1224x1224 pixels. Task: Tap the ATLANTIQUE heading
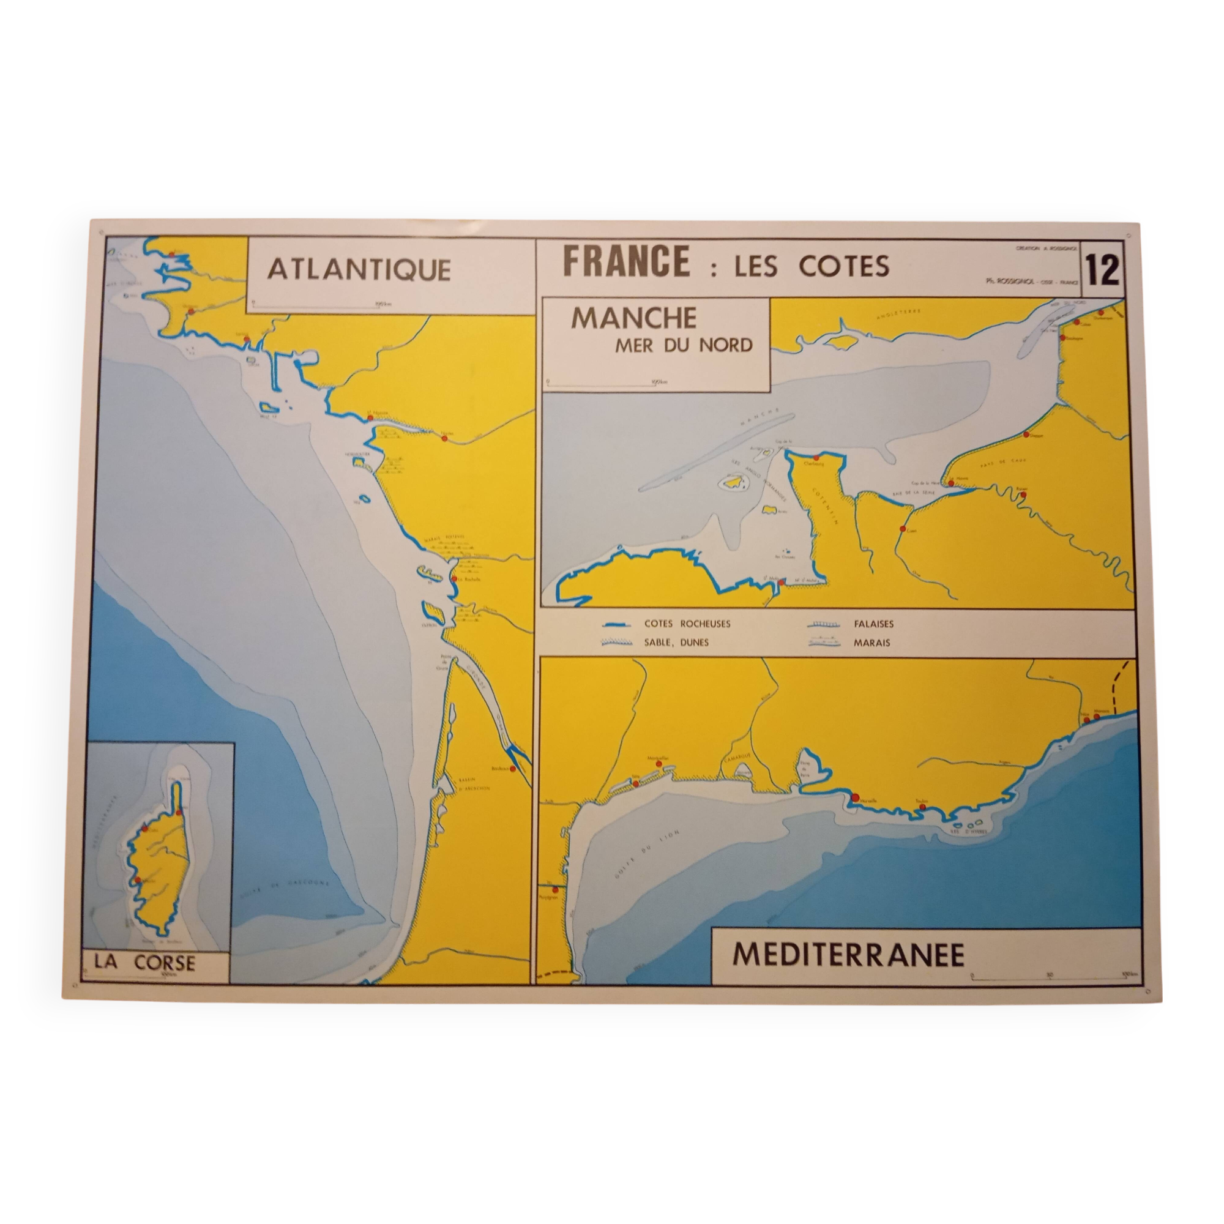[x=359, y=269]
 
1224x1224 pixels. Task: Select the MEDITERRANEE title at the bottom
[x=848, y=955]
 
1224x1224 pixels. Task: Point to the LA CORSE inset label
[x=145, y=962]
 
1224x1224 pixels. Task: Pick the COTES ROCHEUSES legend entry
[x=687, y=624]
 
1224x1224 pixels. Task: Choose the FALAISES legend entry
[x=873, y=624]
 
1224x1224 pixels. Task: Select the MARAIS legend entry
[x=871, y=643]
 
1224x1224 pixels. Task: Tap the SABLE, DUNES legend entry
[x=677, y=643]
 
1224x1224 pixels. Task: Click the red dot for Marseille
[x=854, y=797]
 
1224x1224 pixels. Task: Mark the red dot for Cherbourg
[x=816, y=457]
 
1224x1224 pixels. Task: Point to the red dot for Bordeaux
[x=512, y=769]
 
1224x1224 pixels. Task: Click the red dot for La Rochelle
[x=454, y=578]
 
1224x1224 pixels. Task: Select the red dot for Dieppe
[x=1025, y=435]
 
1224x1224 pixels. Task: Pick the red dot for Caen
[x=902, y=528]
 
